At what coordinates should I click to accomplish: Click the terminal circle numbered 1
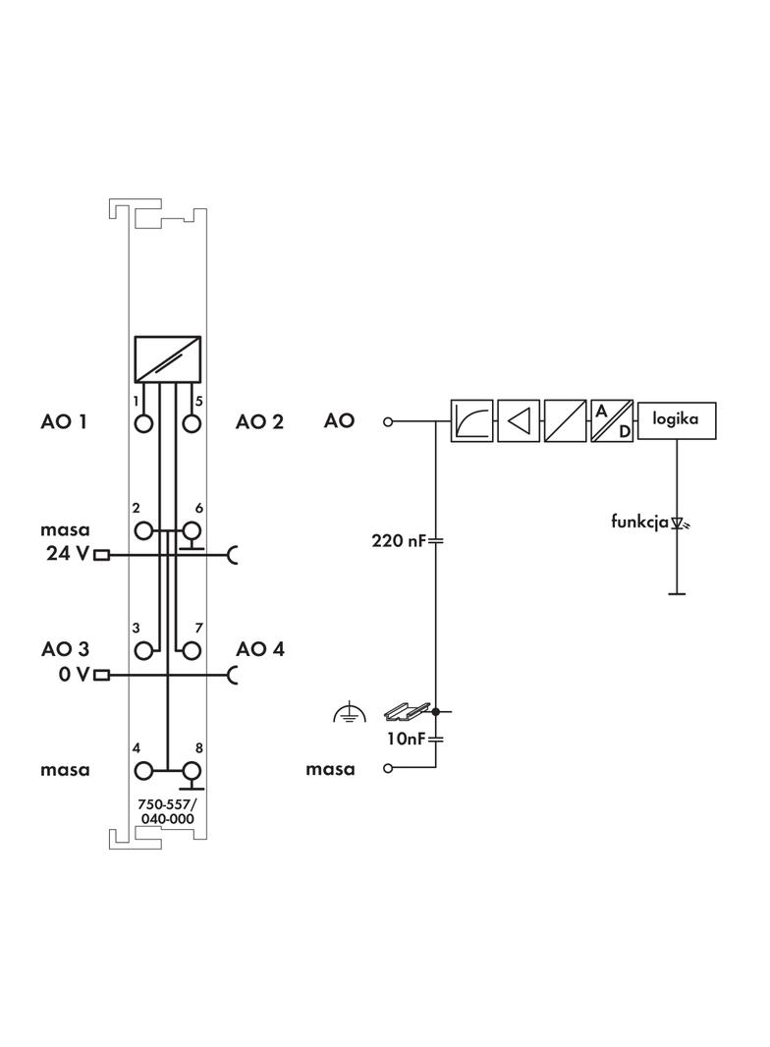[145, 424]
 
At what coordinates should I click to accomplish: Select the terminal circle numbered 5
[192, 424]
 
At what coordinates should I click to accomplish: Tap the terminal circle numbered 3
[145, 650]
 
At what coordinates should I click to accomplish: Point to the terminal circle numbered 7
[192, 650]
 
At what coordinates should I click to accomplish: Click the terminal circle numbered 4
[145, 772]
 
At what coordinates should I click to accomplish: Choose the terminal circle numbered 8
[192, 772]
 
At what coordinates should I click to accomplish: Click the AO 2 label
[259, 422]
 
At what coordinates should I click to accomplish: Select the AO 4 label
[259, 649]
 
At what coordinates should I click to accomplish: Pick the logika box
[677, 420]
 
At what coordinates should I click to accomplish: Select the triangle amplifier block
[518, 421]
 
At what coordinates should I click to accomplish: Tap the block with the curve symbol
[471, 421]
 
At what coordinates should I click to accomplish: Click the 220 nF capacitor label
[397, 540]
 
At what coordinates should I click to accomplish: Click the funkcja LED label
[639, 522]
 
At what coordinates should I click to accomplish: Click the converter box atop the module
[168, 359]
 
